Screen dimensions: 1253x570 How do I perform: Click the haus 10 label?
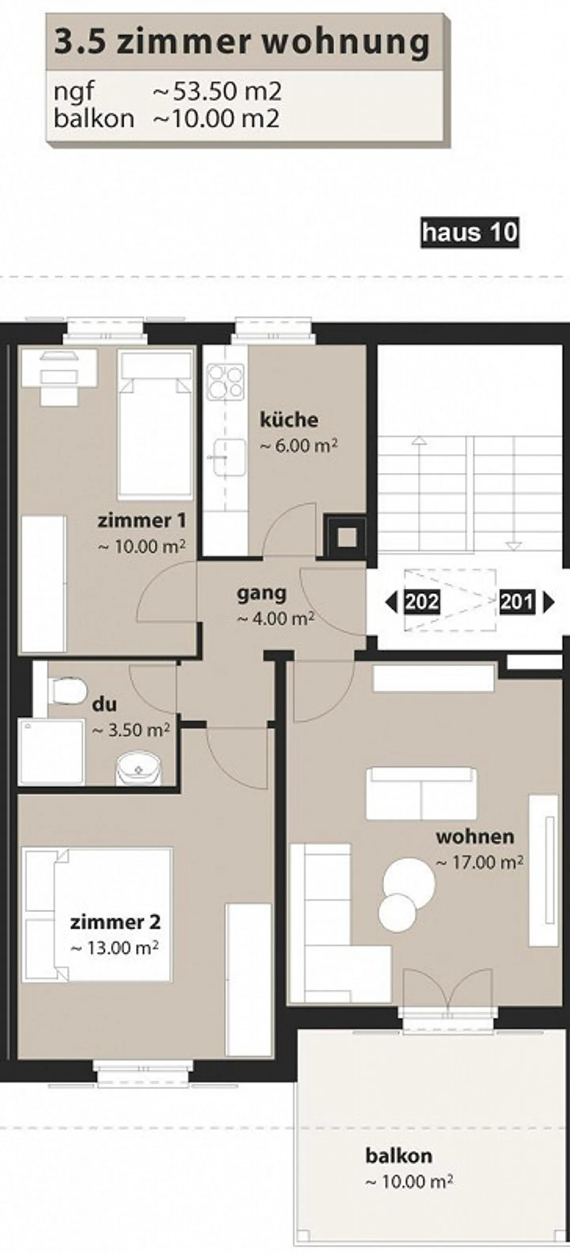[469, 232]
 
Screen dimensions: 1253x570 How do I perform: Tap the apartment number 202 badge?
[422, 602]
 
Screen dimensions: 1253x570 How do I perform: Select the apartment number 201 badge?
[517, 602]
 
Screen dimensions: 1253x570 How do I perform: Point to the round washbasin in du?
[139, 770]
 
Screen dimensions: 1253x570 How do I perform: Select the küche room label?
[289, 420]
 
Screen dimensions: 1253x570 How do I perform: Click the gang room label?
[262, 593]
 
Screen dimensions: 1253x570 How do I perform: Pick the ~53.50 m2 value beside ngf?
[217, 92]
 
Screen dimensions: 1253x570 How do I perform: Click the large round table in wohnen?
[409, 879]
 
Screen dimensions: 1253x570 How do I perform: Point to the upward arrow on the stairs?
[418, 441]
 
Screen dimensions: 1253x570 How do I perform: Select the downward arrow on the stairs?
[513, 545]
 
